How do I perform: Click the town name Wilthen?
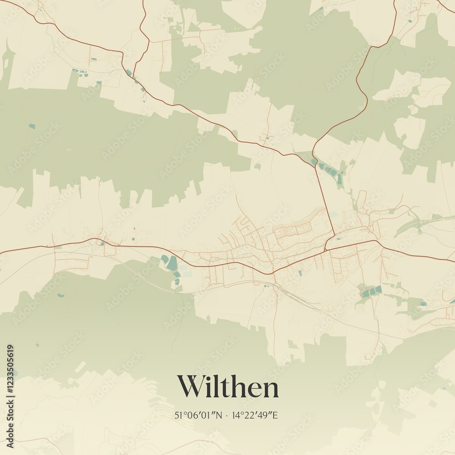[x=227, y=387]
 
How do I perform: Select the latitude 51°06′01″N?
[x=199, y=415]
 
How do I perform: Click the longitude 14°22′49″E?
[x=255, y=415]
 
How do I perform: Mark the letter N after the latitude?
[x=219, y=415]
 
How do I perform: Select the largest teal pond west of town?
[x=172, y=263]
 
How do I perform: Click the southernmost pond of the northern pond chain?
[x=339, y=179]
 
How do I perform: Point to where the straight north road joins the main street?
[x=326, y=249]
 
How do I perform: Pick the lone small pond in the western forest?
[x=32, y=126]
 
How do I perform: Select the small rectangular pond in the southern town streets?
[x=300, y=273]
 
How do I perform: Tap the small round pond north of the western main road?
[x=133, y=239]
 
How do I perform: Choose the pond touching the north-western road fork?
[x=129, y=72]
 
